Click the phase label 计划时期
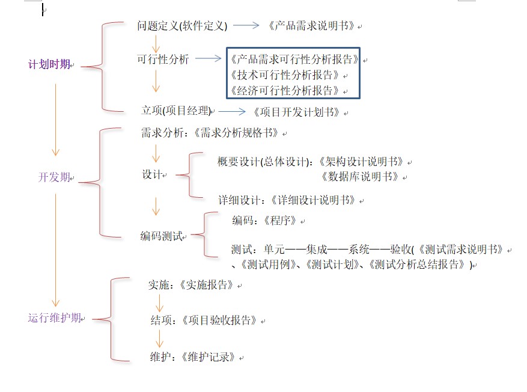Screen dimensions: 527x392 (49, 64)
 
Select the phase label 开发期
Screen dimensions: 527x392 (54, 177)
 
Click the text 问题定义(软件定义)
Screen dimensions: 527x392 (182, 26)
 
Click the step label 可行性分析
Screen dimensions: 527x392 (163, 59)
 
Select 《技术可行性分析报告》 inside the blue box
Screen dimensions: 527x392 (285, 75)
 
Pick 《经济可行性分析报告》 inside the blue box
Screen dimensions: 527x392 (285, 91)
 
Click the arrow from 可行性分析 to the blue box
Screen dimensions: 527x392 (209, 59)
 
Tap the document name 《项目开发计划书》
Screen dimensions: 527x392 (297, 112)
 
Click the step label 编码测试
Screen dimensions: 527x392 (161, 236)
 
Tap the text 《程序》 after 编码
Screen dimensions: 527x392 (280, 221)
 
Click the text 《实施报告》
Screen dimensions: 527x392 (207, 285)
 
